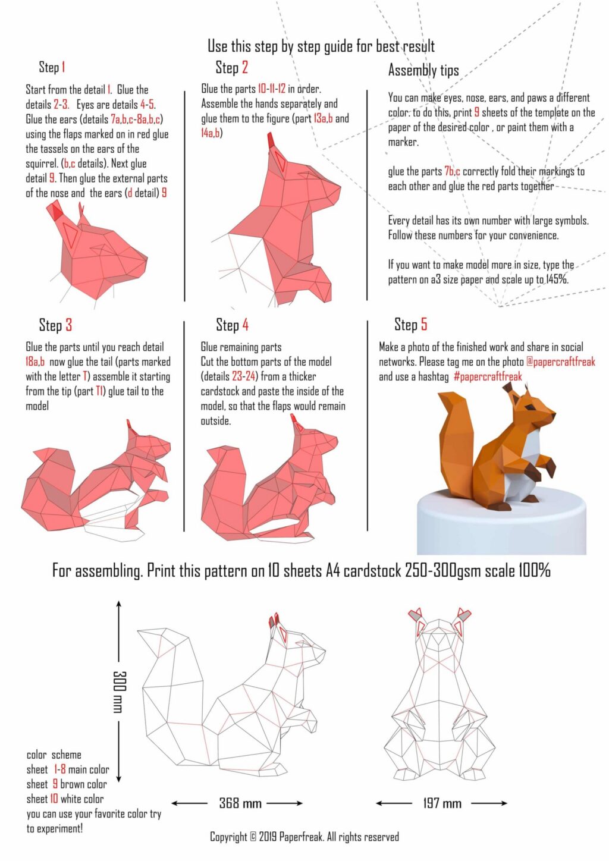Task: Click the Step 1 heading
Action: point(52,67)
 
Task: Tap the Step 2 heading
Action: point(231,67)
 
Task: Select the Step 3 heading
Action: point(55,325)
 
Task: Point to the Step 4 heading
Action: point(232,325)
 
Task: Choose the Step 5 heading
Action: point(410,324)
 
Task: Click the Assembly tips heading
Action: point(423,70)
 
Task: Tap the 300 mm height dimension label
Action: point(119,692)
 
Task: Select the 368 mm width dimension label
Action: point(240,803)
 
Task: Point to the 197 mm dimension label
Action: point(442,803)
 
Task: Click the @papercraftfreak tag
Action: point(560,362)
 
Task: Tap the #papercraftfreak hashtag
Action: point(487,376)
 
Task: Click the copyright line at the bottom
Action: point(304,837)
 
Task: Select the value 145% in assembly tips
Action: point(557,279)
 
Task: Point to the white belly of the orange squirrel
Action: point(526,470)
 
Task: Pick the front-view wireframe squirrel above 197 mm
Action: point(440,696)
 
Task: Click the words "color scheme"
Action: point(54,755)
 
